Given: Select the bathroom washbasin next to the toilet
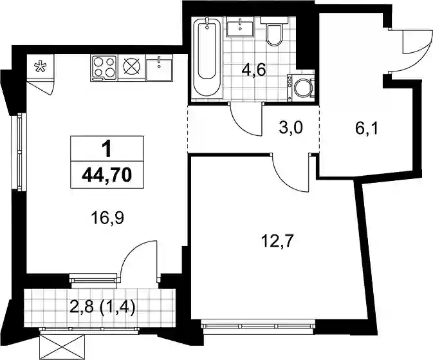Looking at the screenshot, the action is [x=240, y=26].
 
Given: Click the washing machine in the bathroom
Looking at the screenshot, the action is [x=300, y=88].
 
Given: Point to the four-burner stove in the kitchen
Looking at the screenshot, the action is [x=104, y=68].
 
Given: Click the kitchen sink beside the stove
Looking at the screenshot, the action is [x=159, y=68].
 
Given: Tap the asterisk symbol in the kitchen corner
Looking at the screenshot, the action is [x=41, y=68].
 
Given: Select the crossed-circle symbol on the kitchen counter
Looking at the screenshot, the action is [x=131, y=68].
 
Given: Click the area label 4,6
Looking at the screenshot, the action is [x=253, y=71].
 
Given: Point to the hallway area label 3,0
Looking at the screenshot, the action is [x=291, y=128].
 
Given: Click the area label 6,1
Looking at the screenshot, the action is [x=367, y=129].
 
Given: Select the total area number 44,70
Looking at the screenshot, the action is [x=107, y=175].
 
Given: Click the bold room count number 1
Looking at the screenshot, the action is [x=107, y=149].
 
